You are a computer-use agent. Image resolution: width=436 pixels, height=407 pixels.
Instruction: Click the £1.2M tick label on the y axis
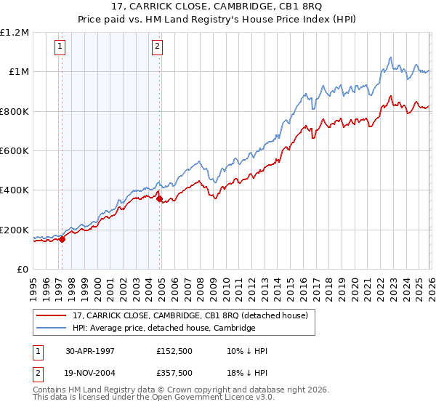click(16, 33)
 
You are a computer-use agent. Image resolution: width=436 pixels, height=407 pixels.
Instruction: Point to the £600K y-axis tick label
click(16, 151)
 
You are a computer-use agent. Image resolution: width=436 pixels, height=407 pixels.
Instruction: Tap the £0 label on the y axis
click(23, 270)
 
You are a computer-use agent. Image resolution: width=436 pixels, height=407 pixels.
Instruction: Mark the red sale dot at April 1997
click(62, 239)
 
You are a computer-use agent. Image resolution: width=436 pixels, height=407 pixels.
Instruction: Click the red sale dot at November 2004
click(159, 198)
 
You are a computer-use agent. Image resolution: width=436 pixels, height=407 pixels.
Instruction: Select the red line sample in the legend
click(52, 315)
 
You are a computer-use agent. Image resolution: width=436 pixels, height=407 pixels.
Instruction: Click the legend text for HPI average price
click(163, 329)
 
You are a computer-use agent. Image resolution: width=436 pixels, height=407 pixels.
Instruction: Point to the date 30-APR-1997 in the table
click(90, 351)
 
